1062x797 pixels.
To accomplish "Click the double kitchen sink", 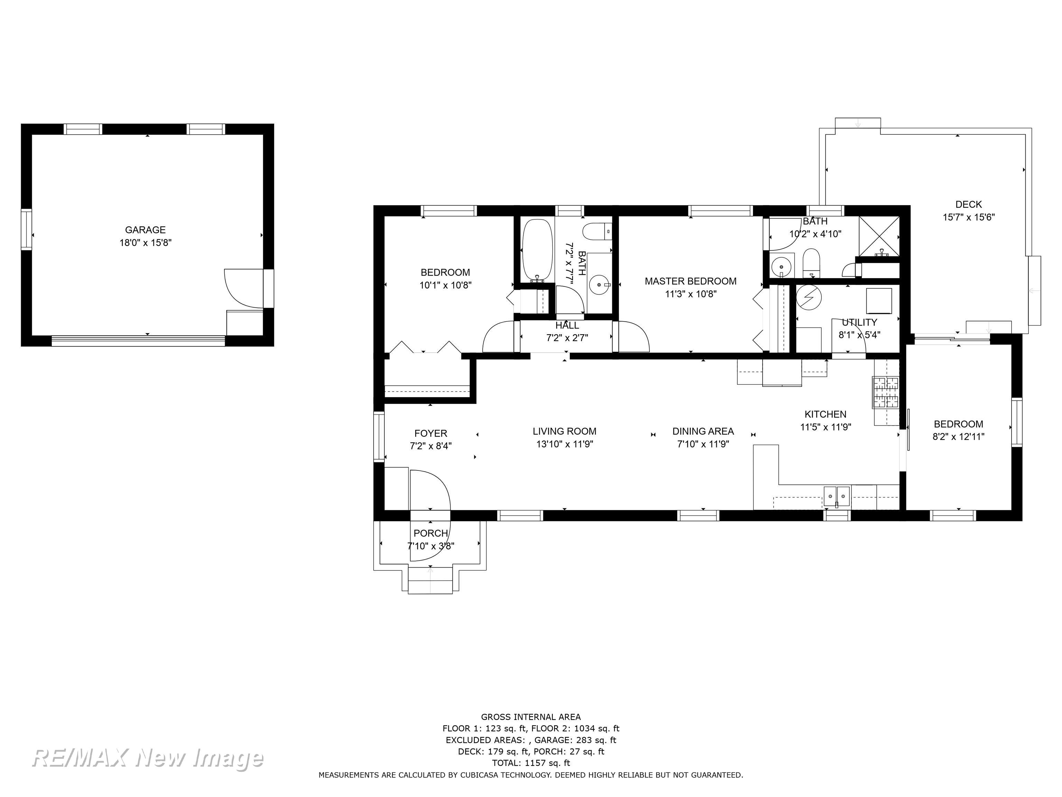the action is point(837,494).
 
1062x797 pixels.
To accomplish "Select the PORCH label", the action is point(431,533).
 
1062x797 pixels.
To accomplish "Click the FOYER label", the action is point(431,433).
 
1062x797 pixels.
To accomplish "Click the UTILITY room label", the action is point(859,322).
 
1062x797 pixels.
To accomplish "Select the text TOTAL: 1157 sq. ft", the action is point(531,763).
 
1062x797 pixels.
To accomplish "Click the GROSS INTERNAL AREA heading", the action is point(531,717).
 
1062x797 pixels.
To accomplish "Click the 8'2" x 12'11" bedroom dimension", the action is point(958,437).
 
